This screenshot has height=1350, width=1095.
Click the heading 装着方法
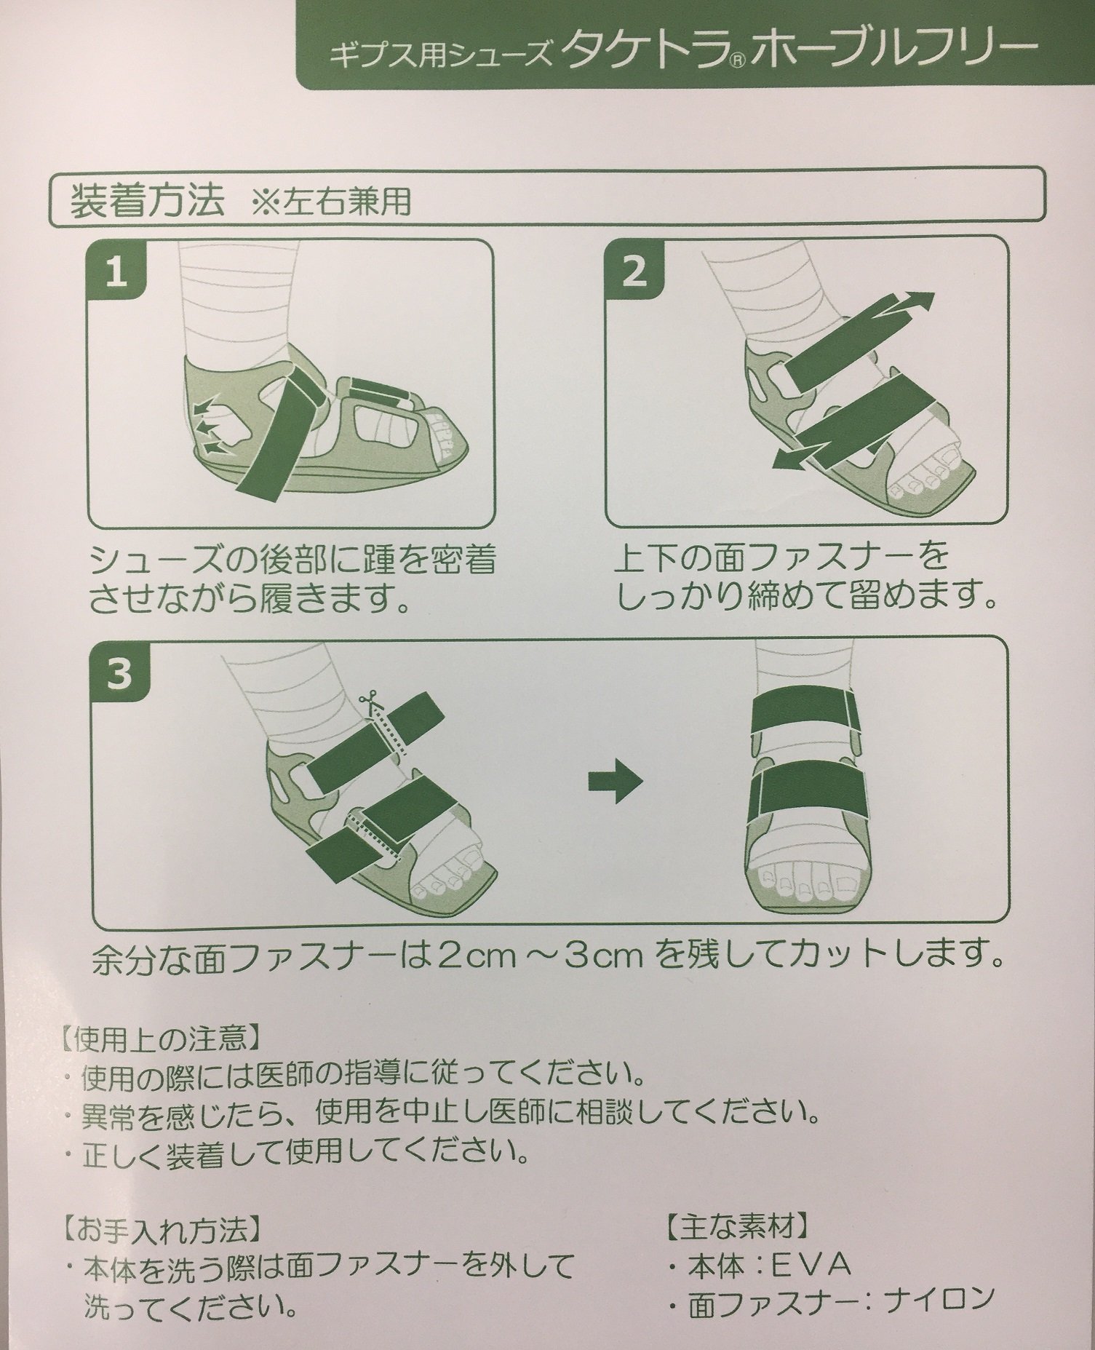146,202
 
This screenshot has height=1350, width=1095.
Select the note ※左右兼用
330,204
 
